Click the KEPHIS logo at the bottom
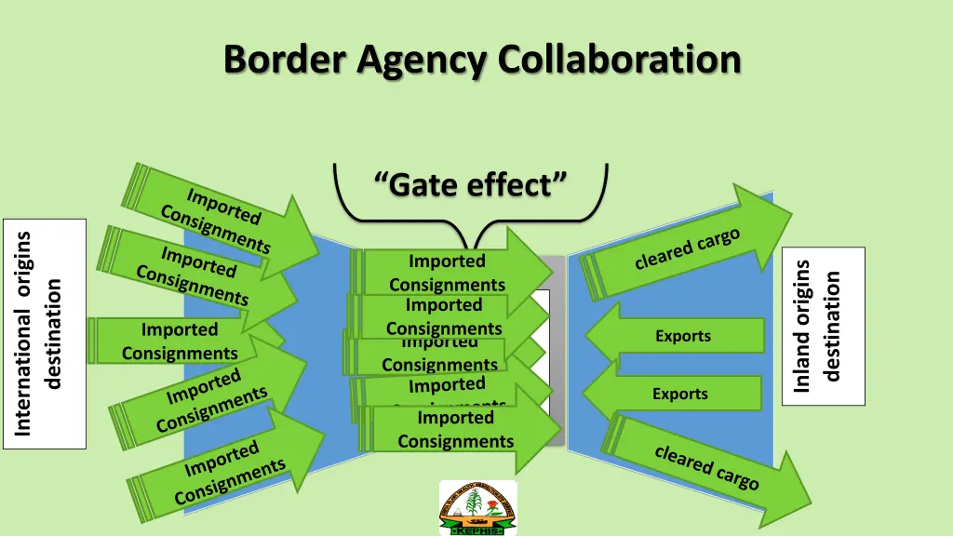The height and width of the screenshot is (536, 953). click(x=477, y=508)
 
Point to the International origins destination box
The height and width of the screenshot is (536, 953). click(x=44, y=333)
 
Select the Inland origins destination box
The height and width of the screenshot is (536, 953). click(x=824, y=326)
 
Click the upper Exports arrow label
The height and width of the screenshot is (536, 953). click(x=683, y=336)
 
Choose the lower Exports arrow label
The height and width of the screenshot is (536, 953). click(x=680, y=394)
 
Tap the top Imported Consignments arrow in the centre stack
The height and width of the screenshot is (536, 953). click(x=447, y=273)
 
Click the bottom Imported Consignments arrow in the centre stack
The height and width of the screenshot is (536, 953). click(x=456, y=430)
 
